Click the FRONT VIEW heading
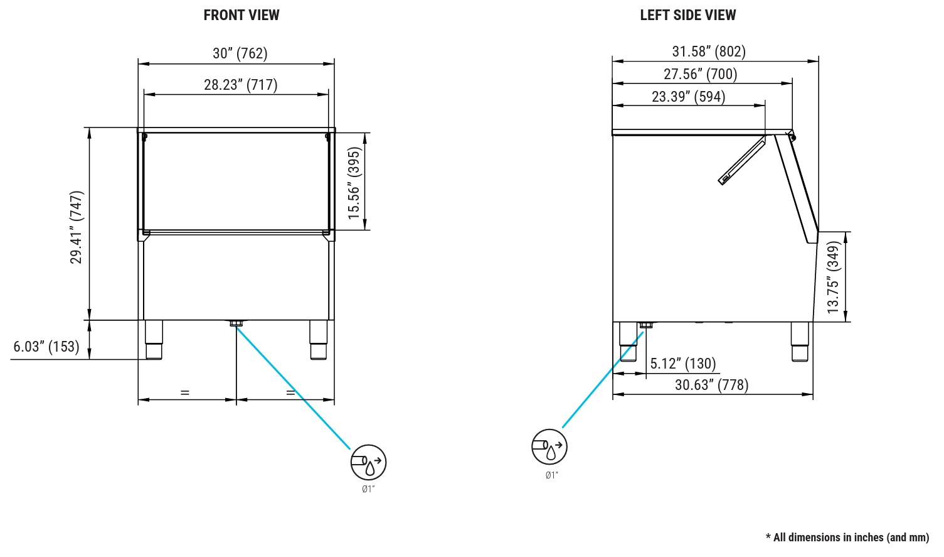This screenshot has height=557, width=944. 241,15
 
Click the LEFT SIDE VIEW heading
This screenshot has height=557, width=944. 687,15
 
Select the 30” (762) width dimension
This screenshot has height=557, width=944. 240,53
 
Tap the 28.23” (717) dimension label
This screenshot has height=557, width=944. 241,85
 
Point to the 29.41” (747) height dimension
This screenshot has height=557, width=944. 77,227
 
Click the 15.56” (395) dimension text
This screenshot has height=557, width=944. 354,183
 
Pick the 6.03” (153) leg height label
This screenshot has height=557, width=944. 46,347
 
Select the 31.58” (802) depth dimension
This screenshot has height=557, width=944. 709,51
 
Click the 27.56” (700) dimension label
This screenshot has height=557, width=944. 701,74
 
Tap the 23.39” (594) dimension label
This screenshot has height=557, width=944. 689,97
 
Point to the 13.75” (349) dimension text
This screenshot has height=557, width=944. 834,277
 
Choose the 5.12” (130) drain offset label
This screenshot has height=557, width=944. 682,364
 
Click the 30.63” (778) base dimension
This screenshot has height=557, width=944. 711,385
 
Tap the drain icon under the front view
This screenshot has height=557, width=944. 368,462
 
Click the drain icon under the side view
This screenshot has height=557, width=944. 549,447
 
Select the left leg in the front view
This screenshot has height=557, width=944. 154,340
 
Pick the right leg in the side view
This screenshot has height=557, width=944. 800,342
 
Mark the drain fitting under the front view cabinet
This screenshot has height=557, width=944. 236,323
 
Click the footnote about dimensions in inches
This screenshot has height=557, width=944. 847,537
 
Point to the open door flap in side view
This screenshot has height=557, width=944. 741,161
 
